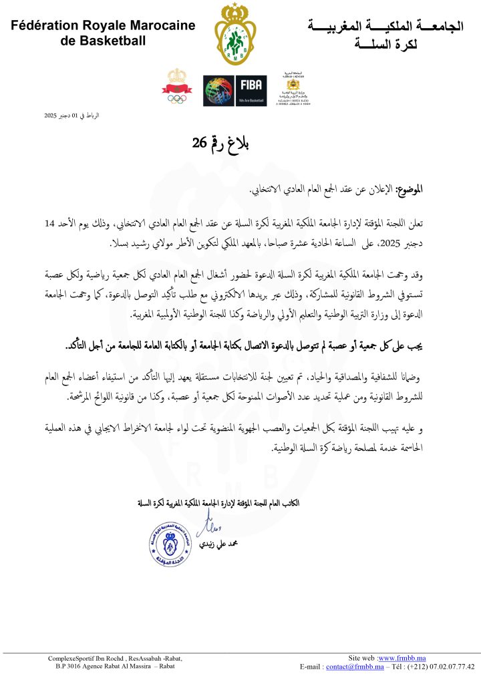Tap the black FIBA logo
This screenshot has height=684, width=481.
(251, 90)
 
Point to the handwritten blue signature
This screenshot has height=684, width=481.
(206, 524)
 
